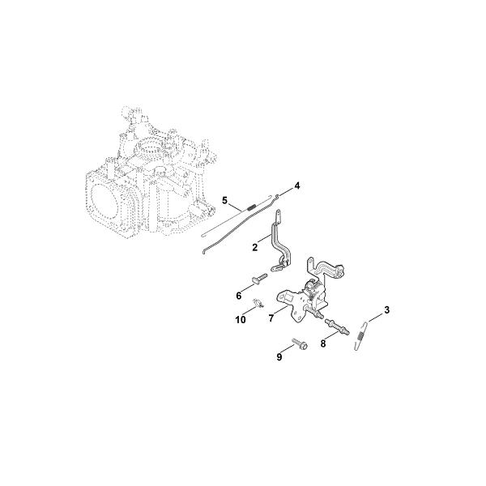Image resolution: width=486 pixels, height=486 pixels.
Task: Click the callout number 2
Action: point(255,247)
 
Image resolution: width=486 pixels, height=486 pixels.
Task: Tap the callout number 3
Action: point(386,310)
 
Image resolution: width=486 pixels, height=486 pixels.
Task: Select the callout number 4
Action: point(297,186)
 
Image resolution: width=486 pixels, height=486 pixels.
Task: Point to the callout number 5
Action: point(224,201)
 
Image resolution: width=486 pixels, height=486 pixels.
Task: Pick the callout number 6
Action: point(239,296)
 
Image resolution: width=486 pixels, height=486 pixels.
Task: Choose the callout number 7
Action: point(271,318)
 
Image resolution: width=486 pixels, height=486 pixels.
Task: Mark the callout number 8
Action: point(323,343)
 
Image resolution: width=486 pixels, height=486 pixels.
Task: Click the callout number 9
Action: point(279,357)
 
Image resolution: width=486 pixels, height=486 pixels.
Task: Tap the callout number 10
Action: point(241,320)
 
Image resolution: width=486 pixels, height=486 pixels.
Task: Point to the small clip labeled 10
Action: point(258,302)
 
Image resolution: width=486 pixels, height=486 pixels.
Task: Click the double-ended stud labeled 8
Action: point(337,326)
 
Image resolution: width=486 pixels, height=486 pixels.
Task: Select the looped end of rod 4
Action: point(277,196)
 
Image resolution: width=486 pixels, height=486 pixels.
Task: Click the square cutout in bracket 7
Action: point(289,297)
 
